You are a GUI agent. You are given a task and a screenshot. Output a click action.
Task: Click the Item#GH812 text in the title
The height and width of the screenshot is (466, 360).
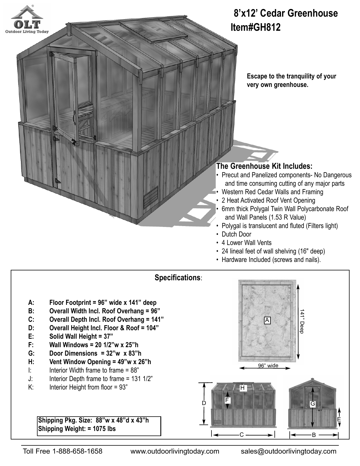(256, 27)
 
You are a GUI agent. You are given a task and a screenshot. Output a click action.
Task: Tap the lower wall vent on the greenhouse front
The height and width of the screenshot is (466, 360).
(151, 197)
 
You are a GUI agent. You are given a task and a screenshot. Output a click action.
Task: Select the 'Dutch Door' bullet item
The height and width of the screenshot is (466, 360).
(236, 234)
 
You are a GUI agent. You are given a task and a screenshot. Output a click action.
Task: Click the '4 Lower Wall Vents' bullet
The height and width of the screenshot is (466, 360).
(246, 243)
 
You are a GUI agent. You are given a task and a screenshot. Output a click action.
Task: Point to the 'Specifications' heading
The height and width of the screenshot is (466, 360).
(178, 278)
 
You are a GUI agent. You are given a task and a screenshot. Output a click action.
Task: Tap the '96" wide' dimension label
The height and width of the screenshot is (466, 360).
(268, 366)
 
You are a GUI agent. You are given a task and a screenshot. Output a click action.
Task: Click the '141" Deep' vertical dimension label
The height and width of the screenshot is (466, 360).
(302, 321)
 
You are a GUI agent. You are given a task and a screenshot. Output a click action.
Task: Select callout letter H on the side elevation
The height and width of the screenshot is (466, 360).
(242, 388)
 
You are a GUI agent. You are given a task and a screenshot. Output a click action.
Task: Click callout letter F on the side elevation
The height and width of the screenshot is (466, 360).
(227, 400)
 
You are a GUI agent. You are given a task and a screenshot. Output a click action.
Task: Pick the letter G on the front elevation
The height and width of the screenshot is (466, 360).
(313, 404)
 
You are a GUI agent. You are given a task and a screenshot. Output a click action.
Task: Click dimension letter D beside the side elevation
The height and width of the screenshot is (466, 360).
(204, 403)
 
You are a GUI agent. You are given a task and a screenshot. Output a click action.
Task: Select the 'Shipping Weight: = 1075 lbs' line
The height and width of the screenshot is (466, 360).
(77, 429)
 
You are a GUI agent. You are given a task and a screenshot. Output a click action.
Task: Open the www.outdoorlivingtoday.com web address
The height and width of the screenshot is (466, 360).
(175, 451)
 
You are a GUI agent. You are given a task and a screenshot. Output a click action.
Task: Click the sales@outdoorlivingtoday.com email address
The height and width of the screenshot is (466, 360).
(289, 451)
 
